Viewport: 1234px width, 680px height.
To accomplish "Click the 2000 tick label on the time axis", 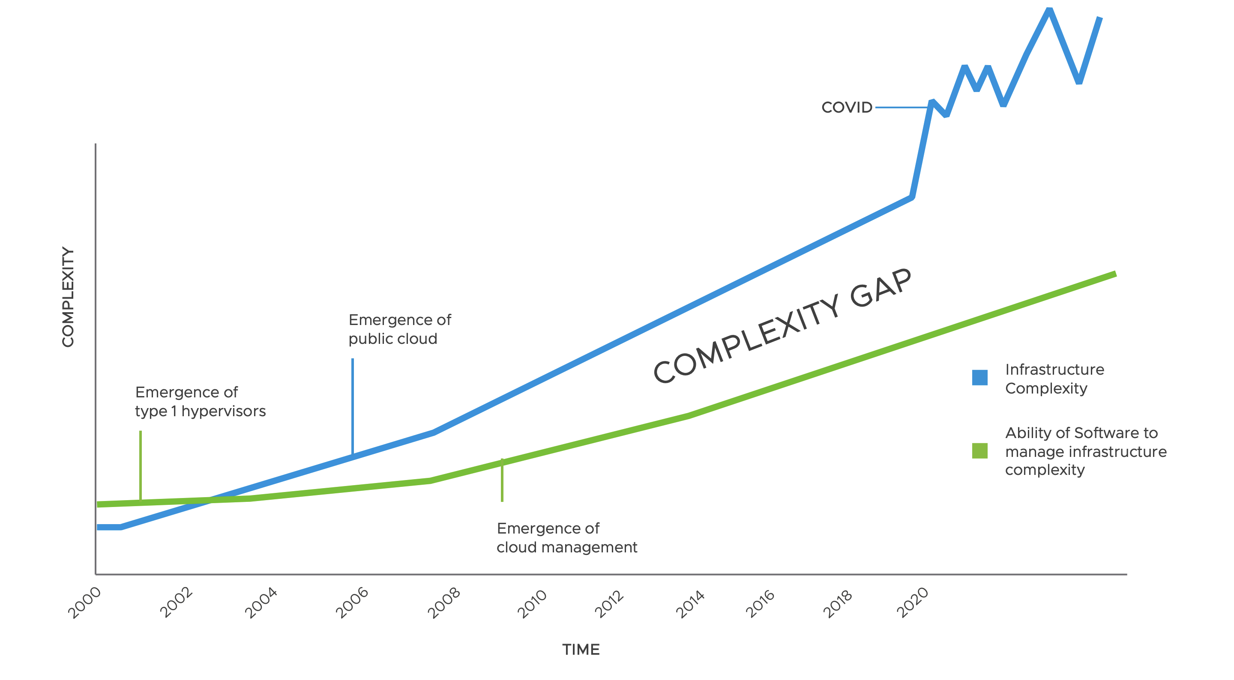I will tap(84, 602).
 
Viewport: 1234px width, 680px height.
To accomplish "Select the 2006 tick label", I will tap(352, 602).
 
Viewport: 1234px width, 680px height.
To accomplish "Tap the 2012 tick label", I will tap(609, 604).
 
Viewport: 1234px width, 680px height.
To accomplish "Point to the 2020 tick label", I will tap(913, 602).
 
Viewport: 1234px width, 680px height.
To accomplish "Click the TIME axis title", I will tap(581, 650).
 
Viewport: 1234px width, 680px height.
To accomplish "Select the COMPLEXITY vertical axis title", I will tap(68, 297).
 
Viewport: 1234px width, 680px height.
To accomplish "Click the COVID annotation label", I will tap(847, 107).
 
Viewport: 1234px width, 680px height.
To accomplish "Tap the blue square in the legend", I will tap(979, 377).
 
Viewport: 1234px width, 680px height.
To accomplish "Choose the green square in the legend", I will tap(979, 450).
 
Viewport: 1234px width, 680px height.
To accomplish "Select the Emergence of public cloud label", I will tap(399, 329).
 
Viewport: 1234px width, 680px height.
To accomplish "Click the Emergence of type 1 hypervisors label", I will tap(200, 401).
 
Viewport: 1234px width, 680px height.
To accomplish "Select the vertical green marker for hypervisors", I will tap(141, 465).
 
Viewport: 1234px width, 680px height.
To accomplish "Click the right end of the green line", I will tap(1114, 274).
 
